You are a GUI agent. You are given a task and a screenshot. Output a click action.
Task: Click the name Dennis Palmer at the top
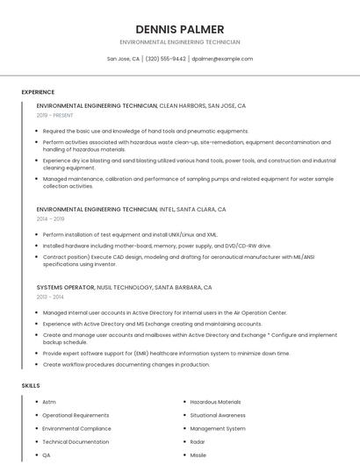tap(180, 29)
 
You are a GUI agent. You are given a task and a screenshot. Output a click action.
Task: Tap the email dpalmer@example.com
tap(222, 59)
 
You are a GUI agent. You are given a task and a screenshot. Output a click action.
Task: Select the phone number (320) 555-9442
tap(166, 59)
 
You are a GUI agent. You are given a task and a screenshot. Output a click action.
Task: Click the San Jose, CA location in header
tap(123, 59)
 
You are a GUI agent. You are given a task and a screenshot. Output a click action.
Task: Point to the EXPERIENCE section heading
tap(38, 92)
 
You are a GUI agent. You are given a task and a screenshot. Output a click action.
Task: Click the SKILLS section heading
tap(31, 385)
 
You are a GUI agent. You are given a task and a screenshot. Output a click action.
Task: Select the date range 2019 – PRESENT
tap(56, 115)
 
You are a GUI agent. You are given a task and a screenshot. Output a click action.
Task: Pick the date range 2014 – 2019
tap(50, 218)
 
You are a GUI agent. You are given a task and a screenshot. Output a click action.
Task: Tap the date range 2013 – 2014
tap(50, 297)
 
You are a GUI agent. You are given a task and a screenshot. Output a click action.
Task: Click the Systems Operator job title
tap(66, 287)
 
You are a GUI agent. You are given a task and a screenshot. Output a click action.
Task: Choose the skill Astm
tap(48, 402)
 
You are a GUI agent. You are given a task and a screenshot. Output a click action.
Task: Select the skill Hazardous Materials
tap(215, 402)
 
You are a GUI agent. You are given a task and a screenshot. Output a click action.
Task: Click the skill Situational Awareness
tap(218, 415)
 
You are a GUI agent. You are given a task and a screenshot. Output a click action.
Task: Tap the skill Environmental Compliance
tap(76, 429)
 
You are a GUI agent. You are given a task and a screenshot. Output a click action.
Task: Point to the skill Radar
tap(198, 442)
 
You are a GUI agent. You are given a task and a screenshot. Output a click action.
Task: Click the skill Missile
tap(198, 455)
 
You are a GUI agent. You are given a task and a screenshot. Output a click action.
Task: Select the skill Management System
tap(218, 429)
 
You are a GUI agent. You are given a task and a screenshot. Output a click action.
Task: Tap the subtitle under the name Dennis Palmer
tap(180, 42)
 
